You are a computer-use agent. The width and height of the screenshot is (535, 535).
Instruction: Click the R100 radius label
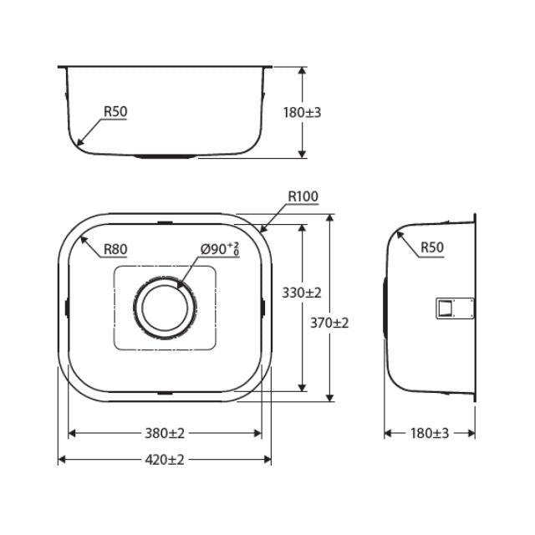[303, 197]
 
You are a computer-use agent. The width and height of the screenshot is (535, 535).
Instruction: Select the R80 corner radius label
[115, 249]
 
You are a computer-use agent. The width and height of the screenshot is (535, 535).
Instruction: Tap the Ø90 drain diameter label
[220, 248]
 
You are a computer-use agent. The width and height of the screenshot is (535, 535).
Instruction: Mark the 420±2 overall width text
[164, 460]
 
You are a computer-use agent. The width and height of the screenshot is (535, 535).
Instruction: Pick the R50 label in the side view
[431, 247]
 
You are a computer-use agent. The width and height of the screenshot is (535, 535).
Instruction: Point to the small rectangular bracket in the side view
[445, 308]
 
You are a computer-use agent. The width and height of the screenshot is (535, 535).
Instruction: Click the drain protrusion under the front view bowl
[166, 156]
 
